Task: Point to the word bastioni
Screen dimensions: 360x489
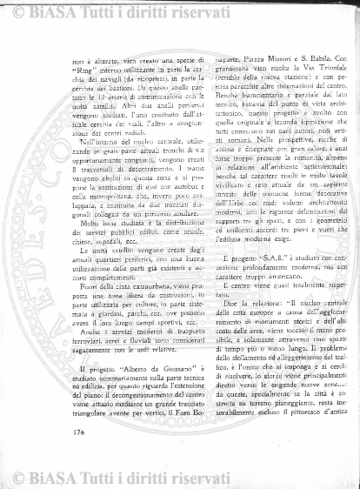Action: (x=121, y=93)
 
